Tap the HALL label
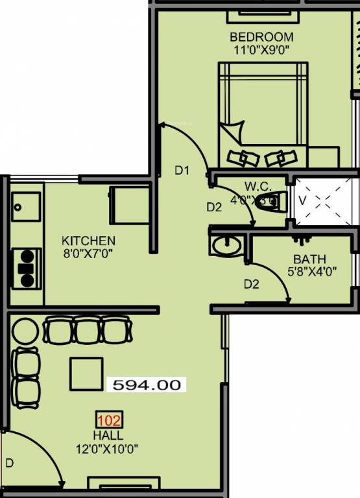(108, 435)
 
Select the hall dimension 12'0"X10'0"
(108, 448)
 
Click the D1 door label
(182, 171)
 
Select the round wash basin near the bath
(225, 245)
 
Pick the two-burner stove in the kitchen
(27, 268)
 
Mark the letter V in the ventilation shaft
(301, 200)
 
